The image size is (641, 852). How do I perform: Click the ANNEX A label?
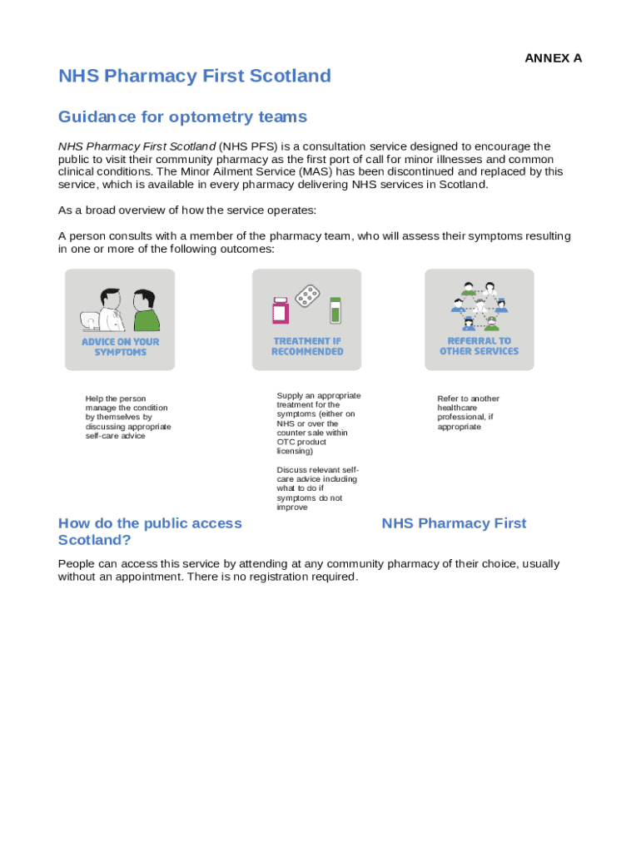pos(553,58)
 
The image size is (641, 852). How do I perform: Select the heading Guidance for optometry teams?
pos(182,116)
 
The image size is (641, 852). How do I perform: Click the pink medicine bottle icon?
pos(281,310)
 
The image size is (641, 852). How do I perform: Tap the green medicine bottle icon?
pos(335,310)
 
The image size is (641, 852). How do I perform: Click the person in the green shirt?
pos(146,310)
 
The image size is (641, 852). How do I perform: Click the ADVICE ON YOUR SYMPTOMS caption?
pos(120,347)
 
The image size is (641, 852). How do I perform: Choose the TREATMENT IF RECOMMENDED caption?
pos(307,346)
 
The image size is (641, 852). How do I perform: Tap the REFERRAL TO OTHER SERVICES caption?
pos(480,346)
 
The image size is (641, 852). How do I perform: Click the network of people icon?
pos(480,305)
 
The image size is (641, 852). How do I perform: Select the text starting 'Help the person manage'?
pos(127,417)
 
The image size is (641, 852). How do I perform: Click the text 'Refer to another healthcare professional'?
pos(468,413)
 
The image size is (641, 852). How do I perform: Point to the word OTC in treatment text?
pos(286,442)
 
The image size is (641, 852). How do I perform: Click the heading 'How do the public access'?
pos(150,523)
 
